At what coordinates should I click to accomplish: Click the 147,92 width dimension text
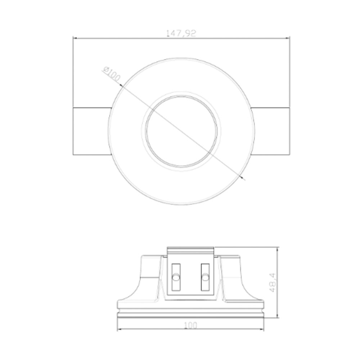181,33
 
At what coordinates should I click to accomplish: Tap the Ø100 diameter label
112,74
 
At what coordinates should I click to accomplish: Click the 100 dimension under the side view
190,325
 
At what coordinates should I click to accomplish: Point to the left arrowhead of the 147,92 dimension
75,39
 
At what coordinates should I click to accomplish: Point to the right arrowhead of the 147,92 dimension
288,39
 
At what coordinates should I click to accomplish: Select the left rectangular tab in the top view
92,131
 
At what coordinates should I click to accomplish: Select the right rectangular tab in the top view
270,131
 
